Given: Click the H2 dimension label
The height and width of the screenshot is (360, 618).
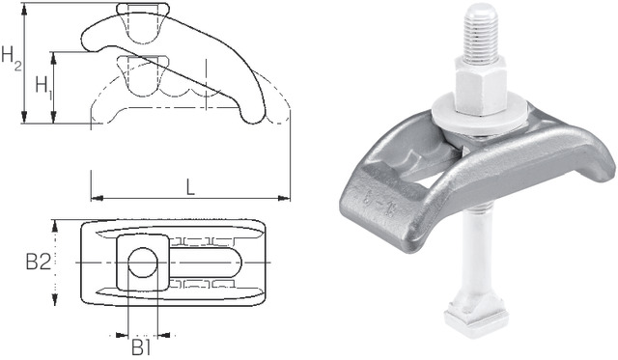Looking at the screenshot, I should click(11, 60).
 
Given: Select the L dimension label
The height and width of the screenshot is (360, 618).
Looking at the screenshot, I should click(190, 186).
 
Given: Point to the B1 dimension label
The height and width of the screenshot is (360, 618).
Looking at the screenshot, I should click(141, 345).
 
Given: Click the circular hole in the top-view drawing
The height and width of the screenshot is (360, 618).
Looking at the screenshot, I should click(142, 262).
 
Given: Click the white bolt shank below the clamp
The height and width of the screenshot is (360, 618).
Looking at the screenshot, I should click(480, 270).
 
